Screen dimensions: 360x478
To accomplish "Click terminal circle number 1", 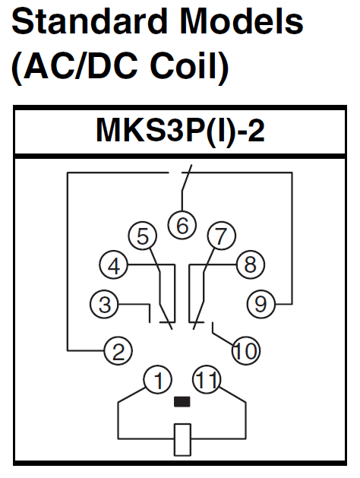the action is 158,380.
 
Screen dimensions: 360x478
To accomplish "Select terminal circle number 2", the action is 118,351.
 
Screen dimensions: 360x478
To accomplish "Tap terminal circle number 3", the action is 105,304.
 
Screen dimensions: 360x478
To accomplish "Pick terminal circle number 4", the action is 114,265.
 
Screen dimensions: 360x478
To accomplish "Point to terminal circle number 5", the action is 143,236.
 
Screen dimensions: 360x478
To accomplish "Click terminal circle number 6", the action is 182,225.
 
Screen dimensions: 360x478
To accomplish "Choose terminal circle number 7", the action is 222,236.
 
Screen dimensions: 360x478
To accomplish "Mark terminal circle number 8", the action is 251,264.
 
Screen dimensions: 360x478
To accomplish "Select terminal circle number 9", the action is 261,304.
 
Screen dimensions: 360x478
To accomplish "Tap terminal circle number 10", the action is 246,351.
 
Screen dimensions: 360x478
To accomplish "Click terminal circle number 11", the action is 207,380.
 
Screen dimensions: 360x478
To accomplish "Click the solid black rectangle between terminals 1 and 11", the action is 182,401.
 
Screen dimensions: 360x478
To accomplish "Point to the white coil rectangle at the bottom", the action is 182,439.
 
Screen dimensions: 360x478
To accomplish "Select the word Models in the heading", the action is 242,21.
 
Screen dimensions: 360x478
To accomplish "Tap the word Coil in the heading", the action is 185,65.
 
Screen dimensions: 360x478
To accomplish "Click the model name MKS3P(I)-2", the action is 180,131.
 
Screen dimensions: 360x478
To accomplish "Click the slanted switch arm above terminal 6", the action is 187,178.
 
